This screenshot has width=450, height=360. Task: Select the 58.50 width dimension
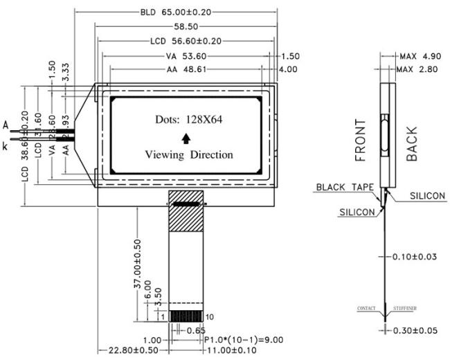[183, 26]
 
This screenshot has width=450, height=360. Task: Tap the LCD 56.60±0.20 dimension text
[183, 41]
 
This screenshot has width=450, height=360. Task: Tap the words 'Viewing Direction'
[188, 154]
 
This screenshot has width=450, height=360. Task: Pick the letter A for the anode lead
[6, 125]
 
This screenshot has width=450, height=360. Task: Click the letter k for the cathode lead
[6, 146]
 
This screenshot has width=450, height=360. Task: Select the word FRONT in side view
[360, 140]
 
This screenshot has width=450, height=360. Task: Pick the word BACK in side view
[413, 143]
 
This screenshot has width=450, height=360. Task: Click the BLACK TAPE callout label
[345, 187]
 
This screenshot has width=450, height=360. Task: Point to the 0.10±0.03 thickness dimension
[414, 256]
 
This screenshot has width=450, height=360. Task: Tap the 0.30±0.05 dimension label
[414, 330]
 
